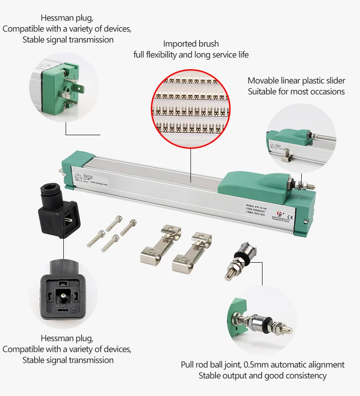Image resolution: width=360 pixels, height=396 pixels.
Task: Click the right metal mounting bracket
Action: pyautogui.click(x=192, y=252)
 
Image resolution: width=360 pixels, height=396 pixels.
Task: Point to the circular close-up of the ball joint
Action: pyautogui.click(x=262, y=319)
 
